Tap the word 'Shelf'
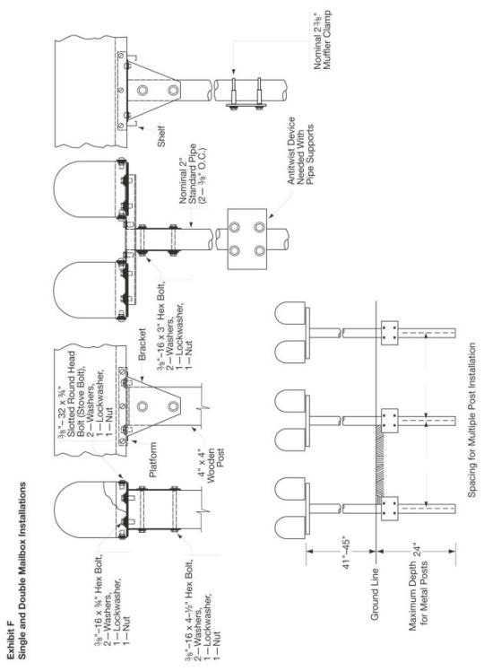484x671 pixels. (160, 136)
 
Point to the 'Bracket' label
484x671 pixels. (142, 344)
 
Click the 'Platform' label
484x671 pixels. (153, 460)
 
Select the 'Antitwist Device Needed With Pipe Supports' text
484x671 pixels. (300, 151)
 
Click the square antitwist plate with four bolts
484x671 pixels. (246, 239)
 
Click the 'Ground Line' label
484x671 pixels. (375, 594)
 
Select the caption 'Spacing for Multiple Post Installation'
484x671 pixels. (471, 420)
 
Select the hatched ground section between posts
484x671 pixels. (380, 462)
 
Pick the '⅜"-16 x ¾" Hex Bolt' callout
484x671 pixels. (111, 600)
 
